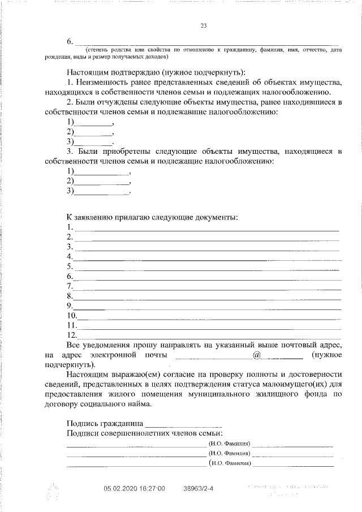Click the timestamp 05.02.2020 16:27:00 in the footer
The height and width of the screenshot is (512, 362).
[x=134, y=488]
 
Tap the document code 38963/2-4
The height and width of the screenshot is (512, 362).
[x=199, y=488]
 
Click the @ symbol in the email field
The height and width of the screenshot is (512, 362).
[x=257, y=355]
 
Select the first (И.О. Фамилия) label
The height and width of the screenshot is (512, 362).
[x=230, y=444]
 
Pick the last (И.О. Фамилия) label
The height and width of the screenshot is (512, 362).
[x=230, y=463]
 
